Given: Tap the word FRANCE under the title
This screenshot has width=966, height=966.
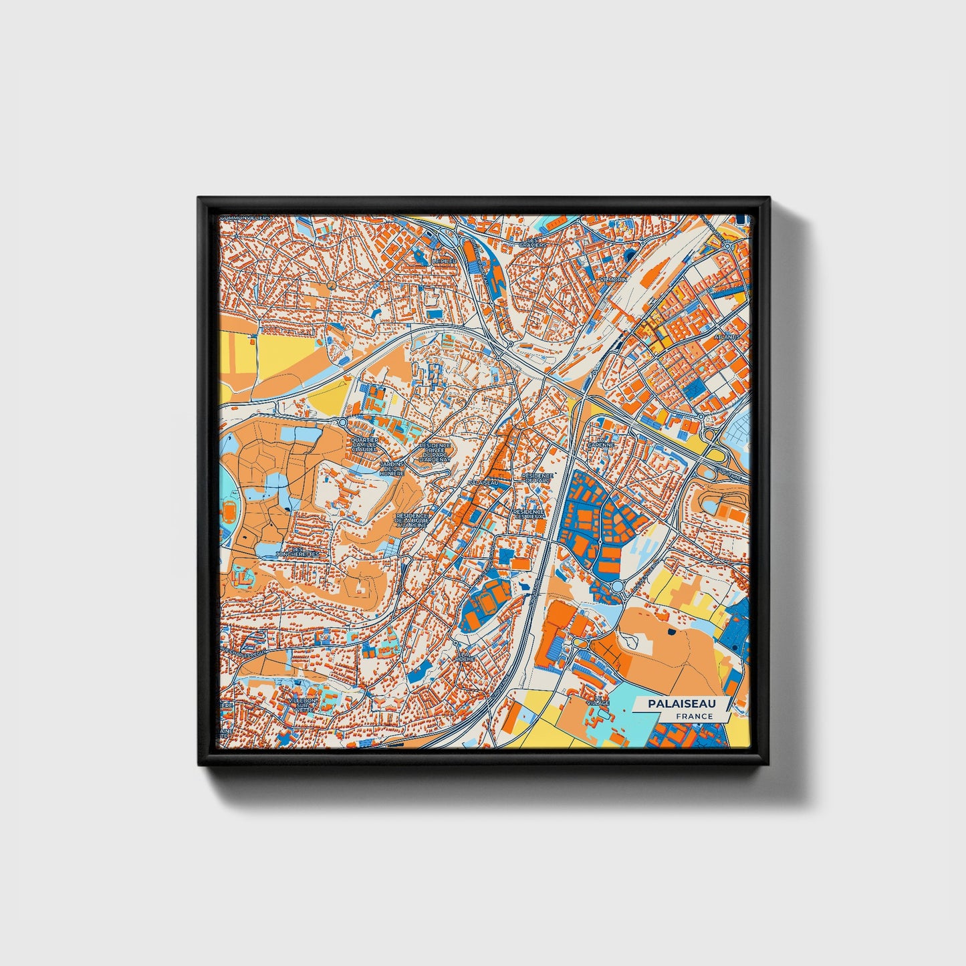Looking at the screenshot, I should [693, 716].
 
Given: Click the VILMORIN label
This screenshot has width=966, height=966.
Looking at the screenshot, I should [613, 279].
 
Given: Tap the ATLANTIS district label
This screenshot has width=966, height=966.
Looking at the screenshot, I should [727, 336].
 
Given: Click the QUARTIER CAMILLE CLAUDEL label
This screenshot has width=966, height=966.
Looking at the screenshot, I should [364, 445].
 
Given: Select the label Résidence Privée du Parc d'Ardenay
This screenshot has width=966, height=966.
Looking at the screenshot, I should [435, 453].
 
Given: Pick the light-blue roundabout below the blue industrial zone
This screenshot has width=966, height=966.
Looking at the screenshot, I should [618, 587].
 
